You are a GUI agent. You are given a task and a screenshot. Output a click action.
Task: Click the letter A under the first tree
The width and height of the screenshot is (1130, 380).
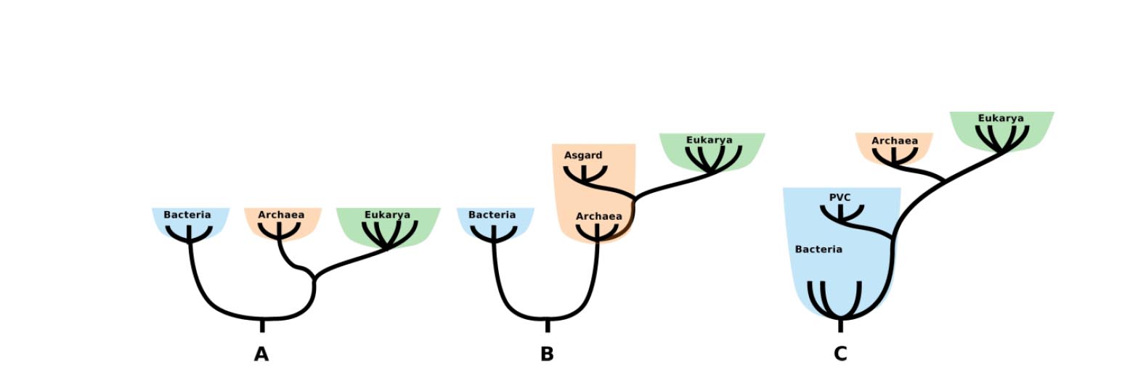[261, 355]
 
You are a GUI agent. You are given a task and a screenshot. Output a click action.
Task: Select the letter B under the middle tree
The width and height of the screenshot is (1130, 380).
[547, 355]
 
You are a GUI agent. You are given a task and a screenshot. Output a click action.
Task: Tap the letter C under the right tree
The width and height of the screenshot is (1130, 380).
[840, 355]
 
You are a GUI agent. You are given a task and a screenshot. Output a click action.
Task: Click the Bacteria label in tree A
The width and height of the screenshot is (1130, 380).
[187, 215]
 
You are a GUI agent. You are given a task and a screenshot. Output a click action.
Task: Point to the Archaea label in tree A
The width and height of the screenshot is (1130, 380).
[281, 215]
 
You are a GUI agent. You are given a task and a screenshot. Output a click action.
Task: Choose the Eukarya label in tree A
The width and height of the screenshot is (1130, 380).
[387, 215]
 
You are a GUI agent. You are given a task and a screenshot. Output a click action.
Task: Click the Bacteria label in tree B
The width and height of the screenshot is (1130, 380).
[492, 215]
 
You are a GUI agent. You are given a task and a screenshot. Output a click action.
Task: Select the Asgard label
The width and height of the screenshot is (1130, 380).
[583, 155]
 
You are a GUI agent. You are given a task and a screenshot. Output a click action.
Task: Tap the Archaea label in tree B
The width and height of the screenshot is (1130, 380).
[599, 216]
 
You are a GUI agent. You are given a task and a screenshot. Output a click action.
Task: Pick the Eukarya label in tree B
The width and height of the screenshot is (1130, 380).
[710, 140]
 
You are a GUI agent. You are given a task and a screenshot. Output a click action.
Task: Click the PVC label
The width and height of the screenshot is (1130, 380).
[840, 197]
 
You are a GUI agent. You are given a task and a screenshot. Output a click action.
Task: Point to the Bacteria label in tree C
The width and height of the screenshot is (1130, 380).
[818, 249]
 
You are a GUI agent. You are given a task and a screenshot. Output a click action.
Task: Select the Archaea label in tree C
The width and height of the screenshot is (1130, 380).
[895, 141]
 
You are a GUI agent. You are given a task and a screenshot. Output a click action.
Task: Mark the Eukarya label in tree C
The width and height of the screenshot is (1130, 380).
[1001, 118]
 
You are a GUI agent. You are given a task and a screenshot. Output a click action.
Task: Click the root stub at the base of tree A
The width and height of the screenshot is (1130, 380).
[262, 326]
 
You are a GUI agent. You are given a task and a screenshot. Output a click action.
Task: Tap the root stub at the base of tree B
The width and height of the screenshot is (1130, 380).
[548, 326]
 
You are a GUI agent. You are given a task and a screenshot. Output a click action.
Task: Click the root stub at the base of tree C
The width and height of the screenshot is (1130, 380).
[841, 326]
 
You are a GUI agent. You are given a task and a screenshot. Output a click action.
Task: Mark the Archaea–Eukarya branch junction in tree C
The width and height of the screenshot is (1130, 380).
[945, 180]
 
